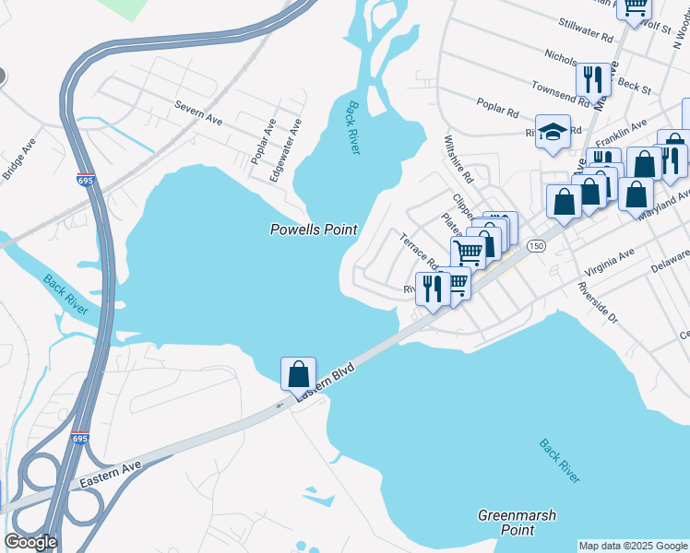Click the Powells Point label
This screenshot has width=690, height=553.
click(x=313, y=229)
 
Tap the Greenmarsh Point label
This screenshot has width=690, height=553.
click(x=517, y=523)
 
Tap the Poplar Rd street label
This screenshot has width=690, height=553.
click(x=497, y=108)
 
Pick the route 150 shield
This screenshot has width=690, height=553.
click(x=536, y=247)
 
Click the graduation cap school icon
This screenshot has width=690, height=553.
click(x=553, y=131)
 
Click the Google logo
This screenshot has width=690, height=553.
click(x=30, y=542)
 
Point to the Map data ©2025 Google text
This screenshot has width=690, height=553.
click(x=632, y=546)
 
